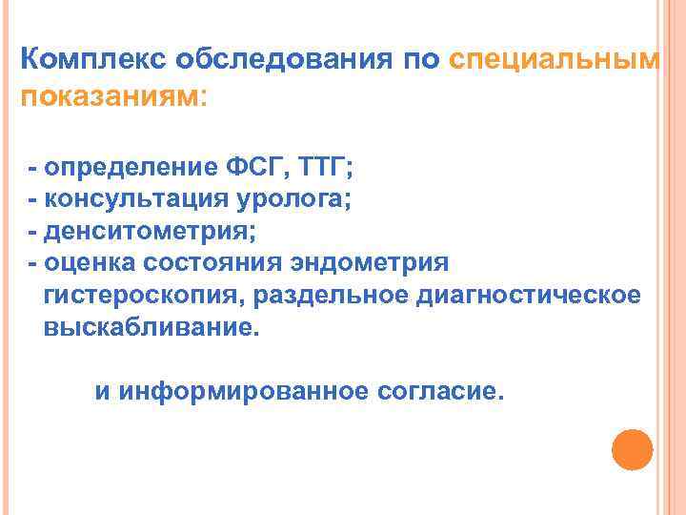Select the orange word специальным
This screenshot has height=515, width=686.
pyautogui.click(x=553, y=60)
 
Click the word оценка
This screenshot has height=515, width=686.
pyautogui.click(x=92, y=262)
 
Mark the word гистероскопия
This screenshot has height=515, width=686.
pyautogui.click(x=141, y=294)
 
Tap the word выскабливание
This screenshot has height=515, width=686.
pyautogui.click(x=150, y=326)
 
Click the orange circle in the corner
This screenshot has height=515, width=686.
pyautogui.click(x=631, y=449)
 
